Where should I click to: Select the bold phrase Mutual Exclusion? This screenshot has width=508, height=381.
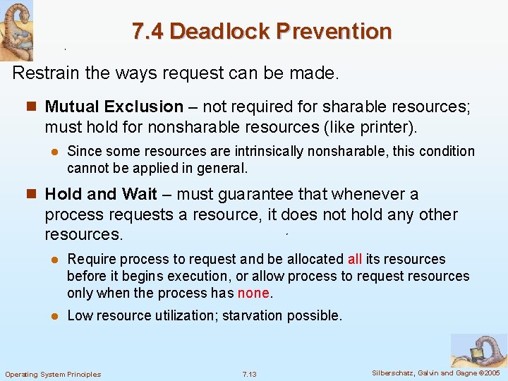[x=114, y=107]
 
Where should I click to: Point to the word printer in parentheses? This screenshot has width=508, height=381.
[x=390, y=128]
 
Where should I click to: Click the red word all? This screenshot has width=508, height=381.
[x=354, y=259]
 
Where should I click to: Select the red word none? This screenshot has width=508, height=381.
[x=254, y=293]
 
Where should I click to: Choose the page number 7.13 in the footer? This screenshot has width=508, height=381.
[x=249, y=374]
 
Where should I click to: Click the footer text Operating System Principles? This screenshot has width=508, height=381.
[x=53, y=374]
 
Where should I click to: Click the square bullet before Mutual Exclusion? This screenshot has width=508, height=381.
[x=30, y=107]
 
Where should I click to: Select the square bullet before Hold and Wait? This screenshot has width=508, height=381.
[x=30, y=194]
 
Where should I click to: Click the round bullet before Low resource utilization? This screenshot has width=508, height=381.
[x=52, y=316]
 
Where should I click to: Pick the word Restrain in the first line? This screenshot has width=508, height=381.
[x=46, y=73]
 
